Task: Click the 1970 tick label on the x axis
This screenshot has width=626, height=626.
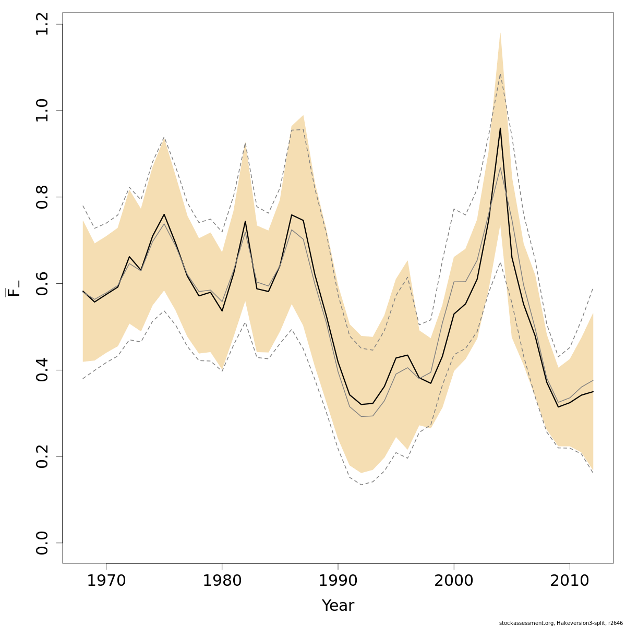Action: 106,581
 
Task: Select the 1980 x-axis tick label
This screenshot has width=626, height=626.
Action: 222,581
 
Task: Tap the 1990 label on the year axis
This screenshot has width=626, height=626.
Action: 338,581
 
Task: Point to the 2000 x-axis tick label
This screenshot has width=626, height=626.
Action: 454,581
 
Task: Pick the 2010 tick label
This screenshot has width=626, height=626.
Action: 570,581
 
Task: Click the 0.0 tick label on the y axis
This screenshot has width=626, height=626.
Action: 43,543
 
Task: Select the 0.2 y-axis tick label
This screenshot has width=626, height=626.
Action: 43,456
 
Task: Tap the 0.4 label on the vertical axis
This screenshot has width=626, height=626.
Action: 43,370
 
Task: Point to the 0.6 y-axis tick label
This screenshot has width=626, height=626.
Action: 43,283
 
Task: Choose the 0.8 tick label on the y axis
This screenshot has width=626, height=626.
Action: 43,197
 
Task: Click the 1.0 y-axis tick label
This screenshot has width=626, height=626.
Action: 43,111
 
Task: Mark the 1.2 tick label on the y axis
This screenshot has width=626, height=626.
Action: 43,25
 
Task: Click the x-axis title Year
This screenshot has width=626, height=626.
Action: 338,606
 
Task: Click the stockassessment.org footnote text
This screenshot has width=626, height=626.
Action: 560,623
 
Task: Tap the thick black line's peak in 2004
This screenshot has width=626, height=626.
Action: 500,128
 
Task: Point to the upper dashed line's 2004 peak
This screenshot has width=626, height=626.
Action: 500,74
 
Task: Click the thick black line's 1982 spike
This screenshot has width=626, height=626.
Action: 245,221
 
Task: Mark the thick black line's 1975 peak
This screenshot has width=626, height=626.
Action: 164,214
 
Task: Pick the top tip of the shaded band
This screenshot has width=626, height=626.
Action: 500,32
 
